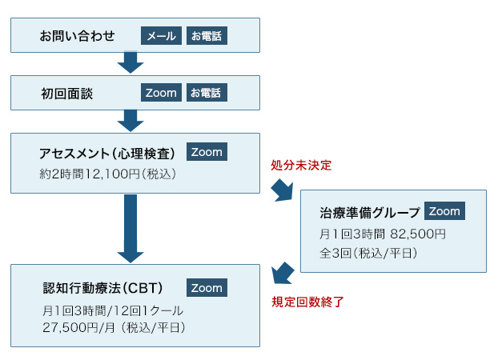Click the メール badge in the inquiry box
click(x=162, y=36)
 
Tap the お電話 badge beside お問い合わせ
click(x=207, y=36)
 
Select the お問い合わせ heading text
click(x=78, y=36)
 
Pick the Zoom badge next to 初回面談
click(x=162, y=93)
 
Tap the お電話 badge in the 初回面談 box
click(x=207, y=93)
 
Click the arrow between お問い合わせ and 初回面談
click(x=130, y=63)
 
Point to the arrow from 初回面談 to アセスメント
click(x=130, y=121)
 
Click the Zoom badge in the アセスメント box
click(x=206, y=152)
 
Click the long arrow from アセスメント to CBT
click(x=130, y=229)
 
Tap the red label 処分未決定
click(x=301, y=166)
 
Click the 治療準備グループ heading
click(x=369, y=213)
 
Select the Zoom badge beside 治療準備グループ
click(x=444, y=211)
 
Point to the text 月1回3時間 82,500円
click(x=382, y=234)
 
